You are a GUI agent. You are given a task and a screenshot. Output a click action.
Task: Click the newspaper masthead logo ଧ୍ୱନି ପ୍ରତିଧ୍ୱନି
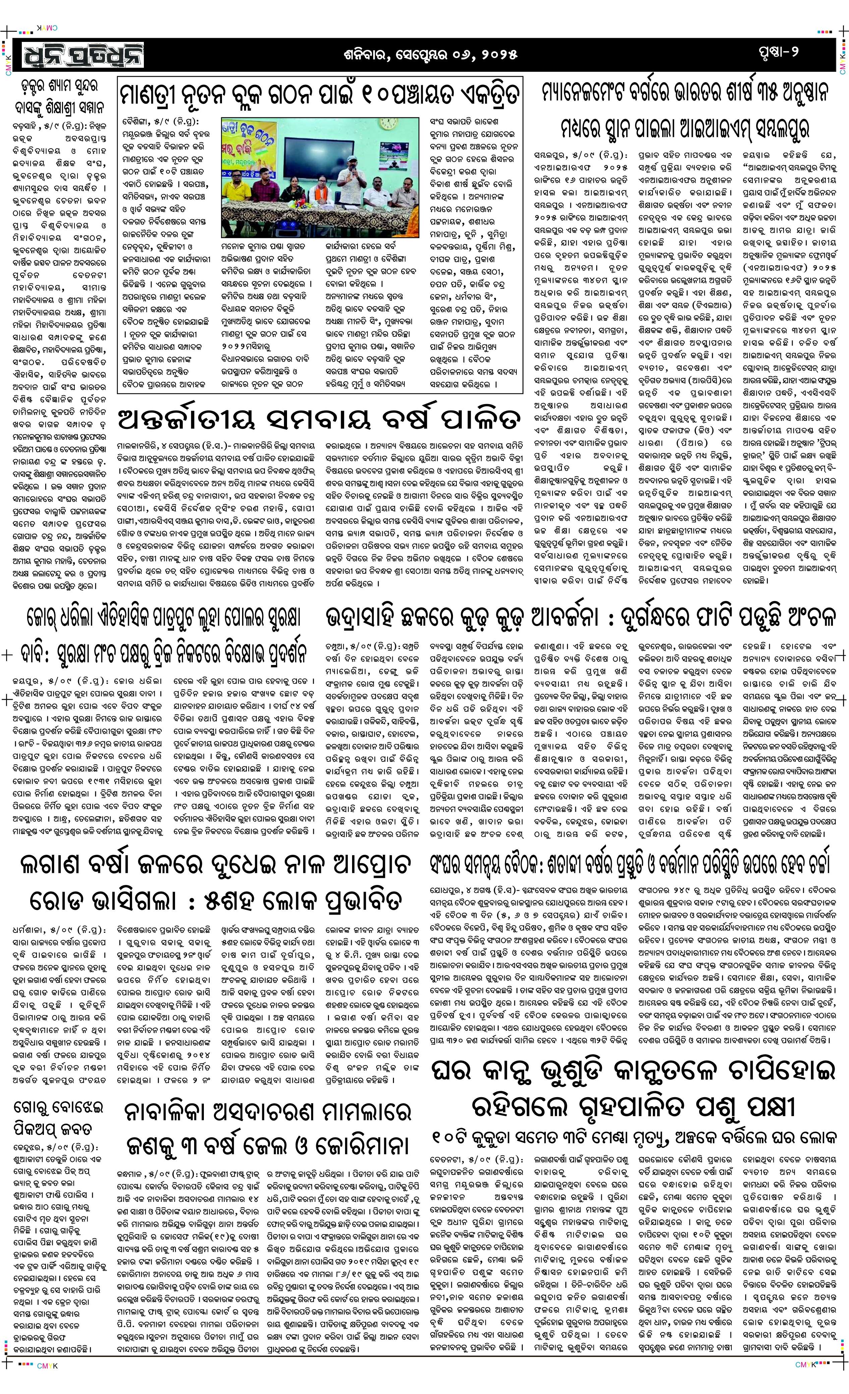83,55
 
